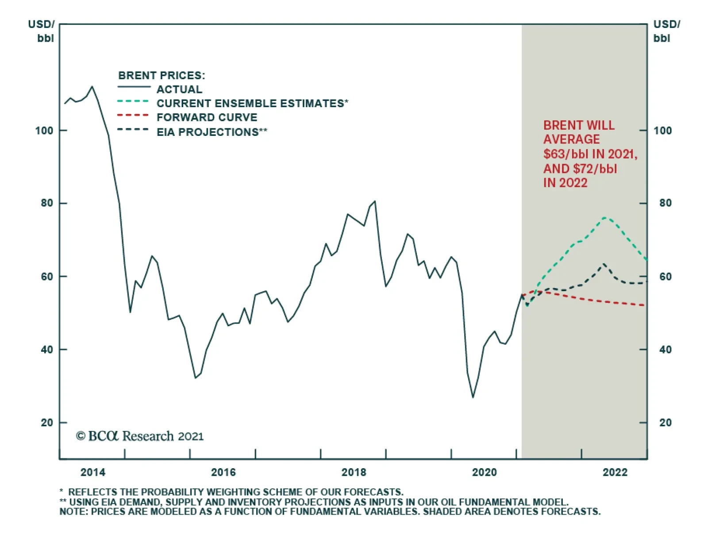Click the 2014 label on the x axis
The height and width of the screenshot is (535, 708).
[93, 472]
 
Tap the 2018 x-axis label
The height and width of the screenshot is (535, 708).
[354, 472]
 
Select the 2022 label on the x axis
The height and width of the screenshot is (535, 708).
[615, 472]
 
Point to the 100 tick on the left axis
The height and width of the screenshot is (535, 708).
[44, 131]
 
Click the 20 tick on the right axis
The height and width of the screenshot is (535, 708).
[665, 423]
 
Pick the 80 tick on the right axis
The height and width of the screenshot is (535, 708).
[665, 203]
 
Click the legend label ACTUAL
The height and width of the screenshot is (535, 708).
[179, 89]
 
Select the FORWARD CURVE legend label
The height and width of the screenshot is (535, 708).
[207, 117]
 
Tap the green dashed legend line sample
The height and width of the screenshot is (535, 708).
[133, 101]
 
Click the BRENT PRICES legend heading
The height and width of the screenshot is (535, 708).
[162, 75]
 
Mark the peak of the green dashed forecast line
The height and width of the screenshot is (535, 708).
[605, 217]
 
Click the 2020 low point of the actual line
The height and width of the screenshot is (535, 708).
[473, 397]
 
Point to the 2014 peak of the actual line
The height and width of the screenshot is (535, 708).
[92, 87]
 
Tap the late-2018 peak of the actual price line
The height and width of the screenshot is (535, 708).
[375, 201]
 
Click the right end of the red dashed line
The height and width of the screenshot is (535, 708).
[644, 305]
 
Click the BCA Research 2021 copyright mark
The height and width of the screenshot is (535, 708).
[140, 436]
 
